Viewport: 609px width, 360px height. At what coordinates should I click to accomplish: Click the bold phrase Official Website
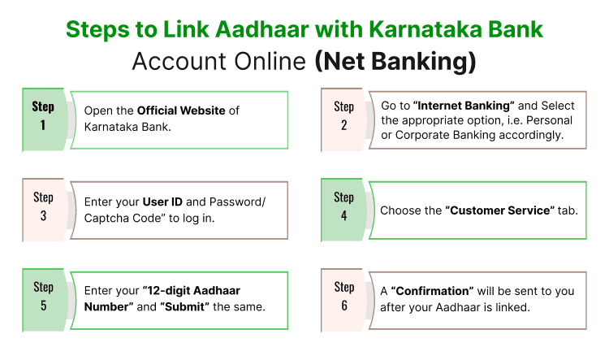[x=180, y=111]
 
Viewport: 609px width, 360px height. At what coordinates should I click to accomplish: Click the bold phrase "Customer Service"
[x=499, y=210]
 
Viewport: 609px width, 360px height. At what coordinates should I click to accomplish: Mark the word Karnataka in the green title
[x=428, y=29]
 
